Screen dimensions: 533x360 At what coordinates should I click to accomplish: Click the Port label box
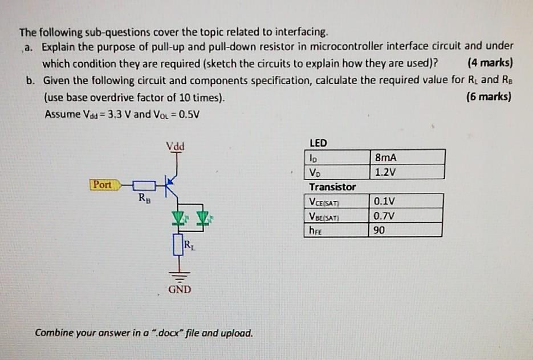tap(103, 185)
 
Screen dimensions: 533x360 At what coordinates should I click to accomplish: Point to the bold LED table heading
tap(318, 142)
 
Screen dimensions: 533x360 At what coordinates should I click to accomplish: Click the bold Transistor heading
tap(332, 187)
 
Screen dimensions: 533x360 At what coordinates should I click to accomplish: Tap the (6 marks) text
tap(489, 97)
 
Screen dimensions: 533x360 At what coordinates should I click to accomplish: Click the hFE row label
tap(315, 230)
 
